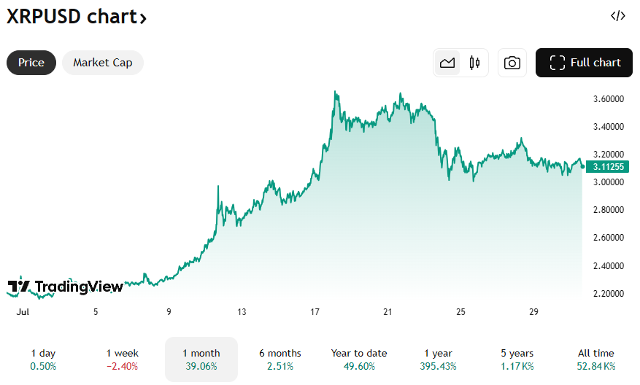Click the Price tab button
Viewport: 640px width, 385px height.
point(31,63)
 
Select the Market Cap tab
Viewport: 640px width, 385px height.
point(103,63)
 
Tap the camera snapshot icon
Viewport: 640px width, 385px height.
point(512,63)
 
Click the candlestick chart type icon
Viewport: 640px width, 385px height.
point(474,63)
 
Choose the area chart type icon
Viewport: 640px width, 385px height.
point(447,63)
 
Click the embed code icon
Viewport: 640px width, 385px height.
point(617,16)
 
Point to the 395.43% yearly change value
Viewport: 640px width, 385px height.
point(438,366)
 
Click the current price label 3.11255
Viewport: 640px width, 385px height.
point(608,166)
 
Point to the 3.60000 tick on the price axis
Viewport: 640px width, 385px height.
point(608,98)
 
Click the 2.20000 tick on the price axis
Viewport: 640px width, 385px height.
point(608,293)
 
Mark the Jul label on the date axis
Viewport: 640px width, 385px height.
point(22,312)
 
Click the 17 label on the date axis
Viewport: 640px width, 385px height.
point(315,312)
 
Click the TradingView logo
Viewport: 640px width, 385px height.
point(66,287)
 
